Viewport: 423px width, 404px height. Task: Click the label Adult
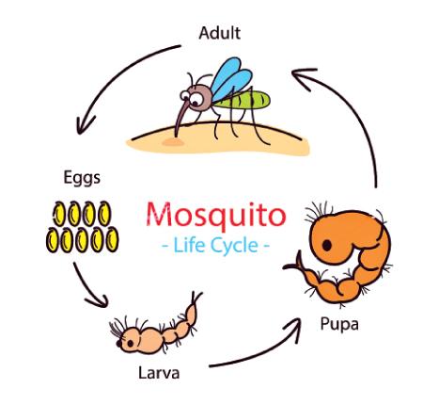220,33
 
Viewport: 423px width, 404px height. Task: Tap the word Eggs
82,178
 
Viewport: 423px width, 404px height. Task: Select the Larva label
159,373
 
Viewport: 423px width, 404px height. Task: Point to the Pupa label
339,324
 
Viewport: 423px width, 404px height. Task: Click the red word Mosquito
216,215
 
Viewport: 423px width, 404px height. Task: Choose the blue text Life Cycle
216,245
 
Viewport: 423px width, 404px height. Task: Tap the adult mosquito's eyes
192,98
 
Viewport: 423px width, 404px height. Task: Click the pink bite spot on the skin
173,142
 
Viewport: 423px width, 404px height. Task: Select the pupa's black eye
327,245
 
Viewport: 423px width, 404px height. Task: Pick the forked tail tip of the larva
196,298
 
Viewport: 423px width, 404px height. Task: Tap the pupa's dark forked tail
294,263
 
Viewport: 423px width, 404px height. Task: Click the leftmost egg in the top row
59,214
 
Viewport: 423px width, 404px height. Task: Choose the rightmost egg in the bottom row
112,239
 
